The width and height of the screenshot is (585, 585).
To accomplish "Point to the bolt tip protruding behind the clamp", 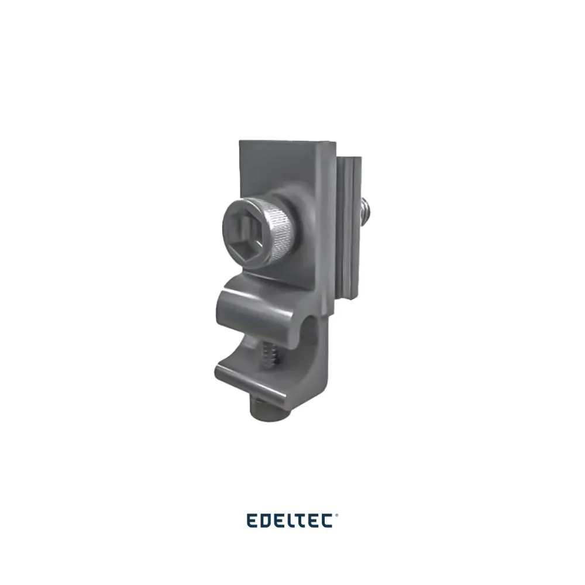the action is (364, 211).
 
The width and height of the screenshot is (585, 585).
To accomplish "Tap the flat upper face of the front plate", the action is (277, 164).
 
